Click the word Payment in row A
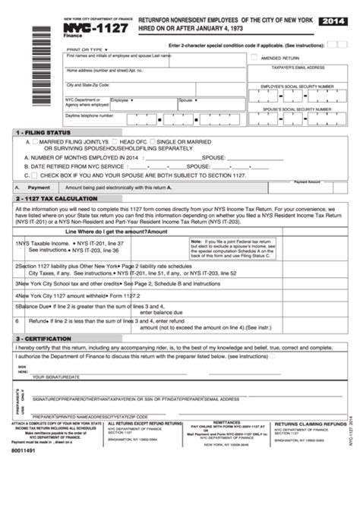(x=39, y=187)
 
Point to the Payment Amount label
(x=307, y=182)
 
